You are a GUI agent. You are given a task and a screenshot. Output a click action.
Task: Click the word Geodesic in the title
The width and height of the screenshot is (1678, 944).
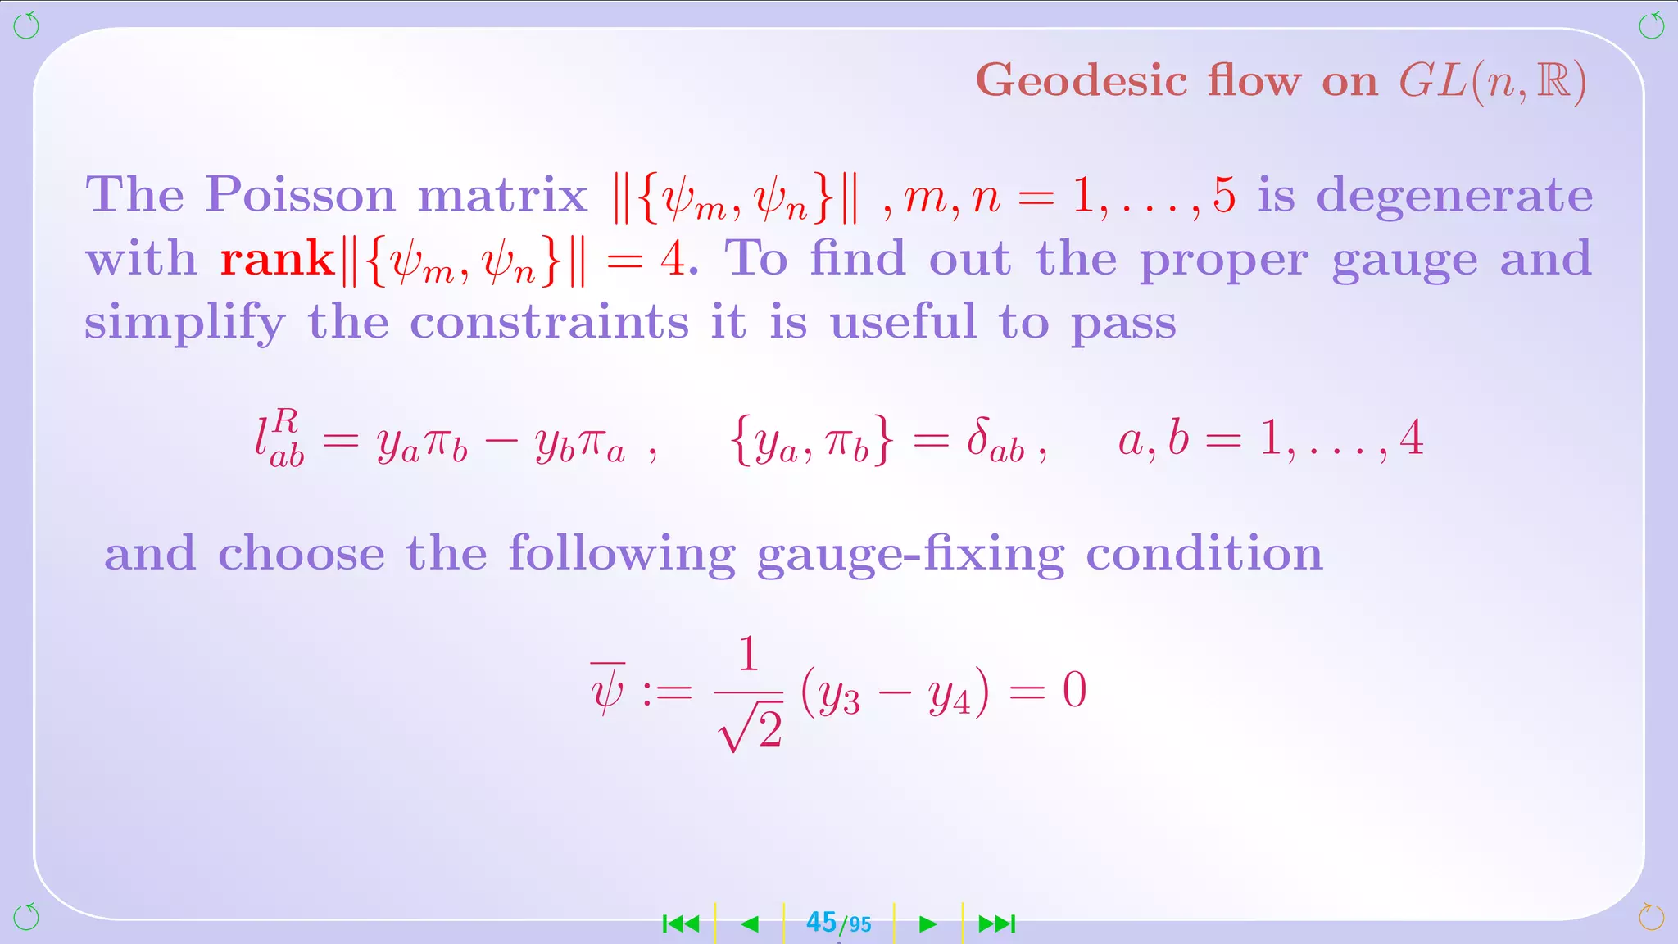tap(1082, 81)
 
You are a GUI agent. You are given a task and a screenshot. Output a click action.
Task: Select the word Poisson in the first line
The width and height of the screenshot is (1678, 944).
tap(301, 195)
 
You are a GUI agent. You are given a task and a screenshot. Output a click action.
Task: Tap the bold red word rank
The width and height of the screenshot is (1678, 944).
tap(277, 260)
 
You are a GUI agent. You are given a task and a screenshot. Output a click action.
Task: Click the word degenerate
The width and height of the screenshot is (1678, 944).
tap(1454, 197)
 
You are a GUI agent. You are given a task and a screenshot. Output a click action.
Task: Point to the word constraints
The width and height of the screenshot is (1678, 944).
tap(549, 322)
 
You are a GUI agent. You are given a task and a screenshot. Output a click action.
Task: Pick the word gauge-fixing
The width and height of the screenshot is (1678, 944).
tap(910, 555)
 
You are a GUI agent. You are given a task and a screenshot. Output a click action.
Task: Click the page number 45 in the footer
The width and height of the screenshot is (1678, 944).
tap(821, 923)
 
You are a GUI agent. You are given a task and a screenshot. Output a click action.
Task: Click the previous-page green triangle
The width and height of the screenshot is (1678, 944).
tap(749, 924)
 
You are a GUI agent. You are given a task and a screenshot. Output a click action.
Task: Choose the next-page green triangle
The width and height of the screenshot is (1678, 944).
tap(927, 924)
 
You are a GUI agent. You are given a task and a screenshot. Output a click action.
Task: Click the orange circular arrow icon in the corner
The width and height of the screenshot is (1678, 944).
tap(1651, 917)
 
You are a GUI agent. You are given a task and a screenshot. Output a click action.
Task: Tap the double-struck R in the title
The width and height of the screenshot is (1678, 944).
tap(1553, 81)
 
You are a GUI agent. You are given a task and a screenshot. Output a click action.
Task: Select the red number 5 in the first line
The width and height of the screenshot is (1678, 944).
tap(1224, 195)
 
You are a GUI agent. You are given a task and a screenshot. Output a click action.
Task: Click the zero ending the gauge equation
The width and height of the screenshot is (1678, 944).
tap(1074, 690)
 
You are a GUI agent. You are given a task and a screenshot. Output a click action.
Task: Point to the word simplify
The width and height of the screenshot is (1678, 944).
tap(185, 322)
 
